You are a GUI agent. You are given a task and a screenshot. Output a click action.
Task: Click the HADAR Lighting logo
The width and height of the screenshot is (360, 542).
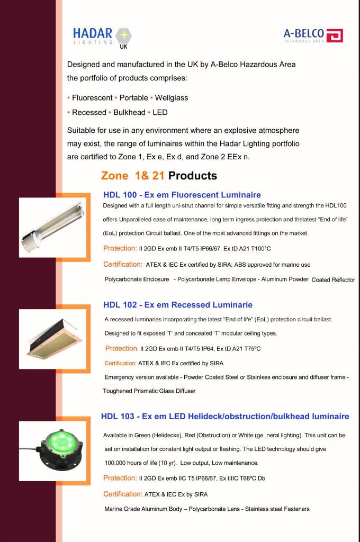pyautogui.click(x=102, y=37)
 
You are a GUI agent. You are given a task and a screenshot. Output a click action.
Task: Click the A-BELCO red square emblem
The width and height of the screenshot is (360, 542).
pyautogui.click(x=335, y=35)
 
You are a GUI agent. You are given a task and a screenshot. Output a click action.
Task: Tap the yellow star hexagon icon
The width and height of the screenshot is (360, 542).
pyautogui.click(x=124, y=36)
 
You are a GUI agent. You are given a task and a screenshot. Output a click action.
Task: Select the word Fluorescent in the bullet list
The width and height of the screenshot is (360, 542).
pyautogui.click(x=92, y=98)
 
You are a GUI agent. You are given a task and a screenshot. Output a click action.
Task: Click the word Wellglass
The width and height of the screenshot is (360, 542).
pyautogui.click(x=172, y=98)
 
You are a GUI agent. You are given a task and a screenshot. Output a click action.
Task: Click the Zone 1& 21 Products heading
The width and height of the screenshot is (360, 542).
pyautogui.click(x=159, y=176)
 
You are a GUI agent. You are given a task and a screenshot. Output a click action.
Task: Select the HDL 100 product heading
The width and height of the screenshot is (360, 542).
pyautogui.click(x=182, y=195)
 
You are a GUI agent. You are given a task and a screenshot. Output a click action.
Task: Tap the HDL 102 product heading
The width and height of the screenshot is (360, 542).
pyautogui.click(x=178, y=305)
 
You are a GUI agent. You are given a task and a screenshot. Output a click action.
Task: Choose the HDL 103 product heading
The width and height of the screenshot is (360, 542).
pyautogui.click(x=225, y=417)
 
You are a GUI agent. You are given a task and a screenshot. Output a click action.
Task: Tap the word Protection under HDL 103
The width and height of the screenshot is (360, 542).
pyautogui.click(x=120, y=478)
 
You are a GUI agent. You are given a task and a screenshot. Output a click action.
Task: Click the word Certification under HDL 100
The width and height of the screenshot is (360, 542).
pyautogui.click(x=123, y=264)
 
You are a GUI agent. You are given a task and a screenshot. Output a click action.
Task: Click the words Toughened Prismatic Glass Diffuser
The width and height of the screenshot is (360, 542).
pyautogui.click(x=149, y=391)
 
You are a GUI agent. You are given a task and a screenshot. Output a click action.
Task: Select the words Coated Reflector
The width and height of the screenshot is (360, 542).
pyautogui.click(x=334, y=280)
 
